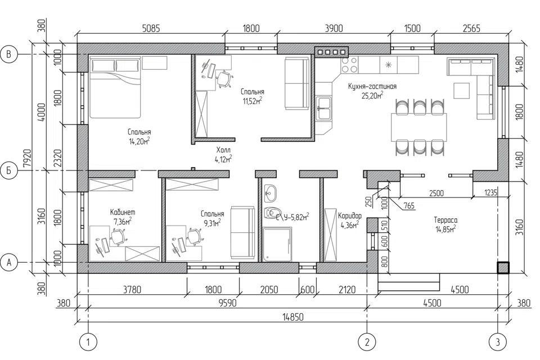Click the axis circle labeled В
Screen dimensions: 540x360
(x=10, y=55)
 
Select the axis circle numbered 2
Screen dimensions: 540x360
(x=367, y=342)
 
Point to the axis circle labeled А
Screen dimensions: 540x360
(x=10, y=263)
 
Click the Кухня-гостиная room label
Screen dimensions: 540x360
(x=372, y=87)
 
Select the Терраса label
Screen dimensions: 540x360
(x=445, y=220)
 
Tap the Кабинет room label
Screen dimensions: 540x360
(x=123, y=212)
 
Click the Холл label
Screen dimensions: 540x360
(x=223, y=150)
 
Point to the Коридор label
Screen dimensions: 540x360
(x=350, y=216)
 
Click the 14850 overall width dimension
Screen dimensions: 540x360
(x=292, y=317)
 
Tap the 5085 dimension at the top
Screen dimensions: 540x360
(x=151, y=28)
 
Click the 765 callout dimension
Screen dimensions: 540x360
(x=408, y=206)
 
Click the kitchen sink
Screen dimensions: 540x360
(x=323, y=108)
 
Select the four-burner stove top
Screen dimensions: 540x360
(x=349, y=65)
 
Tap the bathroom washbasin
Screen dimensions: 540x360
(x=270, y=193)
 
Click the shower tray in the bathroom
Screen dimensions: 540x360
(x=277, y=244)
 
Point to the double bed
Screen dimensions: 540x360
(x=115, y=88)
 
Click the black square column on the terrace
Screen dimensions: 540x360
(x=503, y=268)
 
